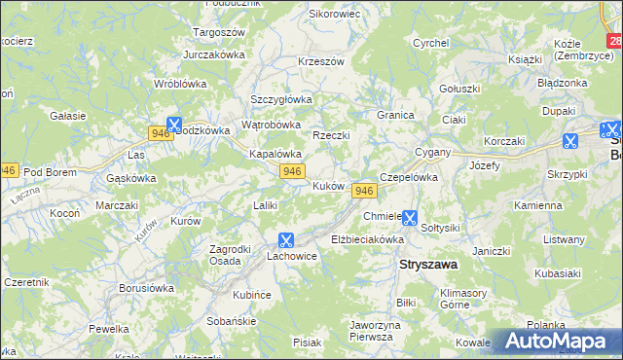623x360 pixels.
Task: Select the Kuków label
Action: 326,186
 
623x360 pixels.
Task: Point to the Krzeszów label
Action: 321,61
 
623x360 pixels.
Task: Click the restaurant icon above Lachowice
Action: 286,239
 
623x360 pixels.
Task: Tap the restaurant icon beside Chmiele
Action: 411,219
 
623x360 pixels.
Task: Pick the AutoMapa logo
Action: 559,342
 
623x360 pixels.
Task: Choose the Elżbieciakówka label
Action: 366,238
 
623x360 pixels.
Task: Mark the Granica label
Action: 396,115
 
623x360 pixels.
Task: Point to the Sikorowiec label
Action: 334,15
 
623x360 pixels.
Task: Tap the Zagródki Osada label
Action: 232,255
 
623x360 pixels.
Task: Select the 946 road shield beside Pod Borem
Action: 9,169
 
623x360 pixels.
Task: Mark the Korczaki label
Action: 503,141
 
